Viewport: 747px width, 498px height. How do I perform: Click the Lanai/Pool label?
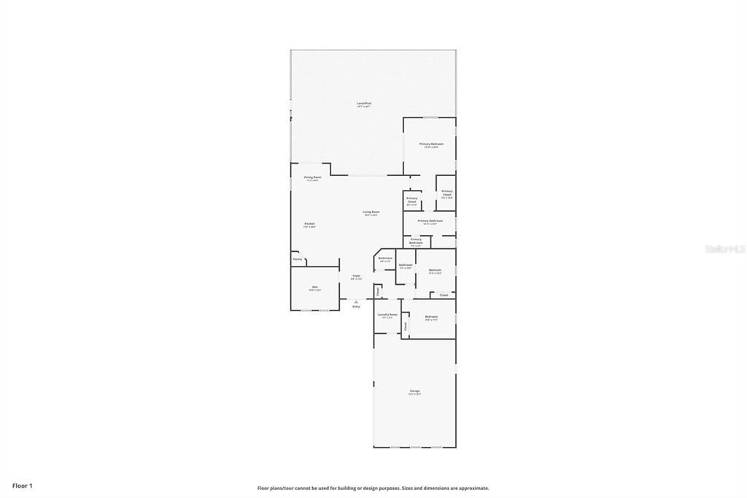(364, 104)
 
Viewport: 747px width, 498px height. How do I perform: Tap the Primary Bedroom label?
(431, 144)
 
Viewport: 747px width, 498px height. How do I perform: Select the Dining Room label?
(312, 177)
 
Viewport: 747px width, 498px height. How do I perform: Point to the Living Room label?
(371, 212)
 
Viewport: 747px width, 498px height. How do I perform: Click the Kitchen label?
(309, 223)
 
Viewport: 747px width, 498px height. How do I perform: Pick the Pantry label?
(297, 258)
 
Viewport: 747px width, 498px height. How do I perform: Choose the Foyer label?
(356, 276)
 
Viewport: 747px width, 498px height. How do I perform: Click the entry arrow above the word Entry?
(356, 300)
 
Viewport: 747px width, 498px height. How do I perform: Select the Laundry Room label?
(387, 315)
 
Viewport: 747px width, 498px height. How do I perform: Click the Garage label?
(414, 391)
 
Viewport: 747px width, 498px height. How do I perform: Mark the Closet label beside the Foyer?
(378, 291)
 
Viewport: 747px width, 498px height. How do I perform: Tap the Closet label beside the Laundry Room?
(406, 326)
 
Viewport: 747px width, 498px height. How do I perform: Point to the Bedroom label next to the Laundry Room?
(431, 316)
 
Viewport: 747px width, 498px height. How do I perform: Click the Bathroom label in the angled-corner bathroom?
(385, 258)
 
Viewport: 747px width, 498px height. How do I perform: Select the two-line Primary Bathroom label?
(416, 241)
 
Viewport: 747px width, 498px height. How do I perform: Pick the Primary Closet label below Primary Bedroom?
(412, 200)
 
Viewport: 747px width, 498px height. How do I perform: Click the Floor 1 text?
(23, 486)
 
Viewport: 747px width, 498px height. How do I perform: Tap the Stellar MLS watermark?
(724, 249)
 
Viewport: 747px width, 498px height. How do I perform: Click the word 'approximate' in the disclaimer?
(473, 489)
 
